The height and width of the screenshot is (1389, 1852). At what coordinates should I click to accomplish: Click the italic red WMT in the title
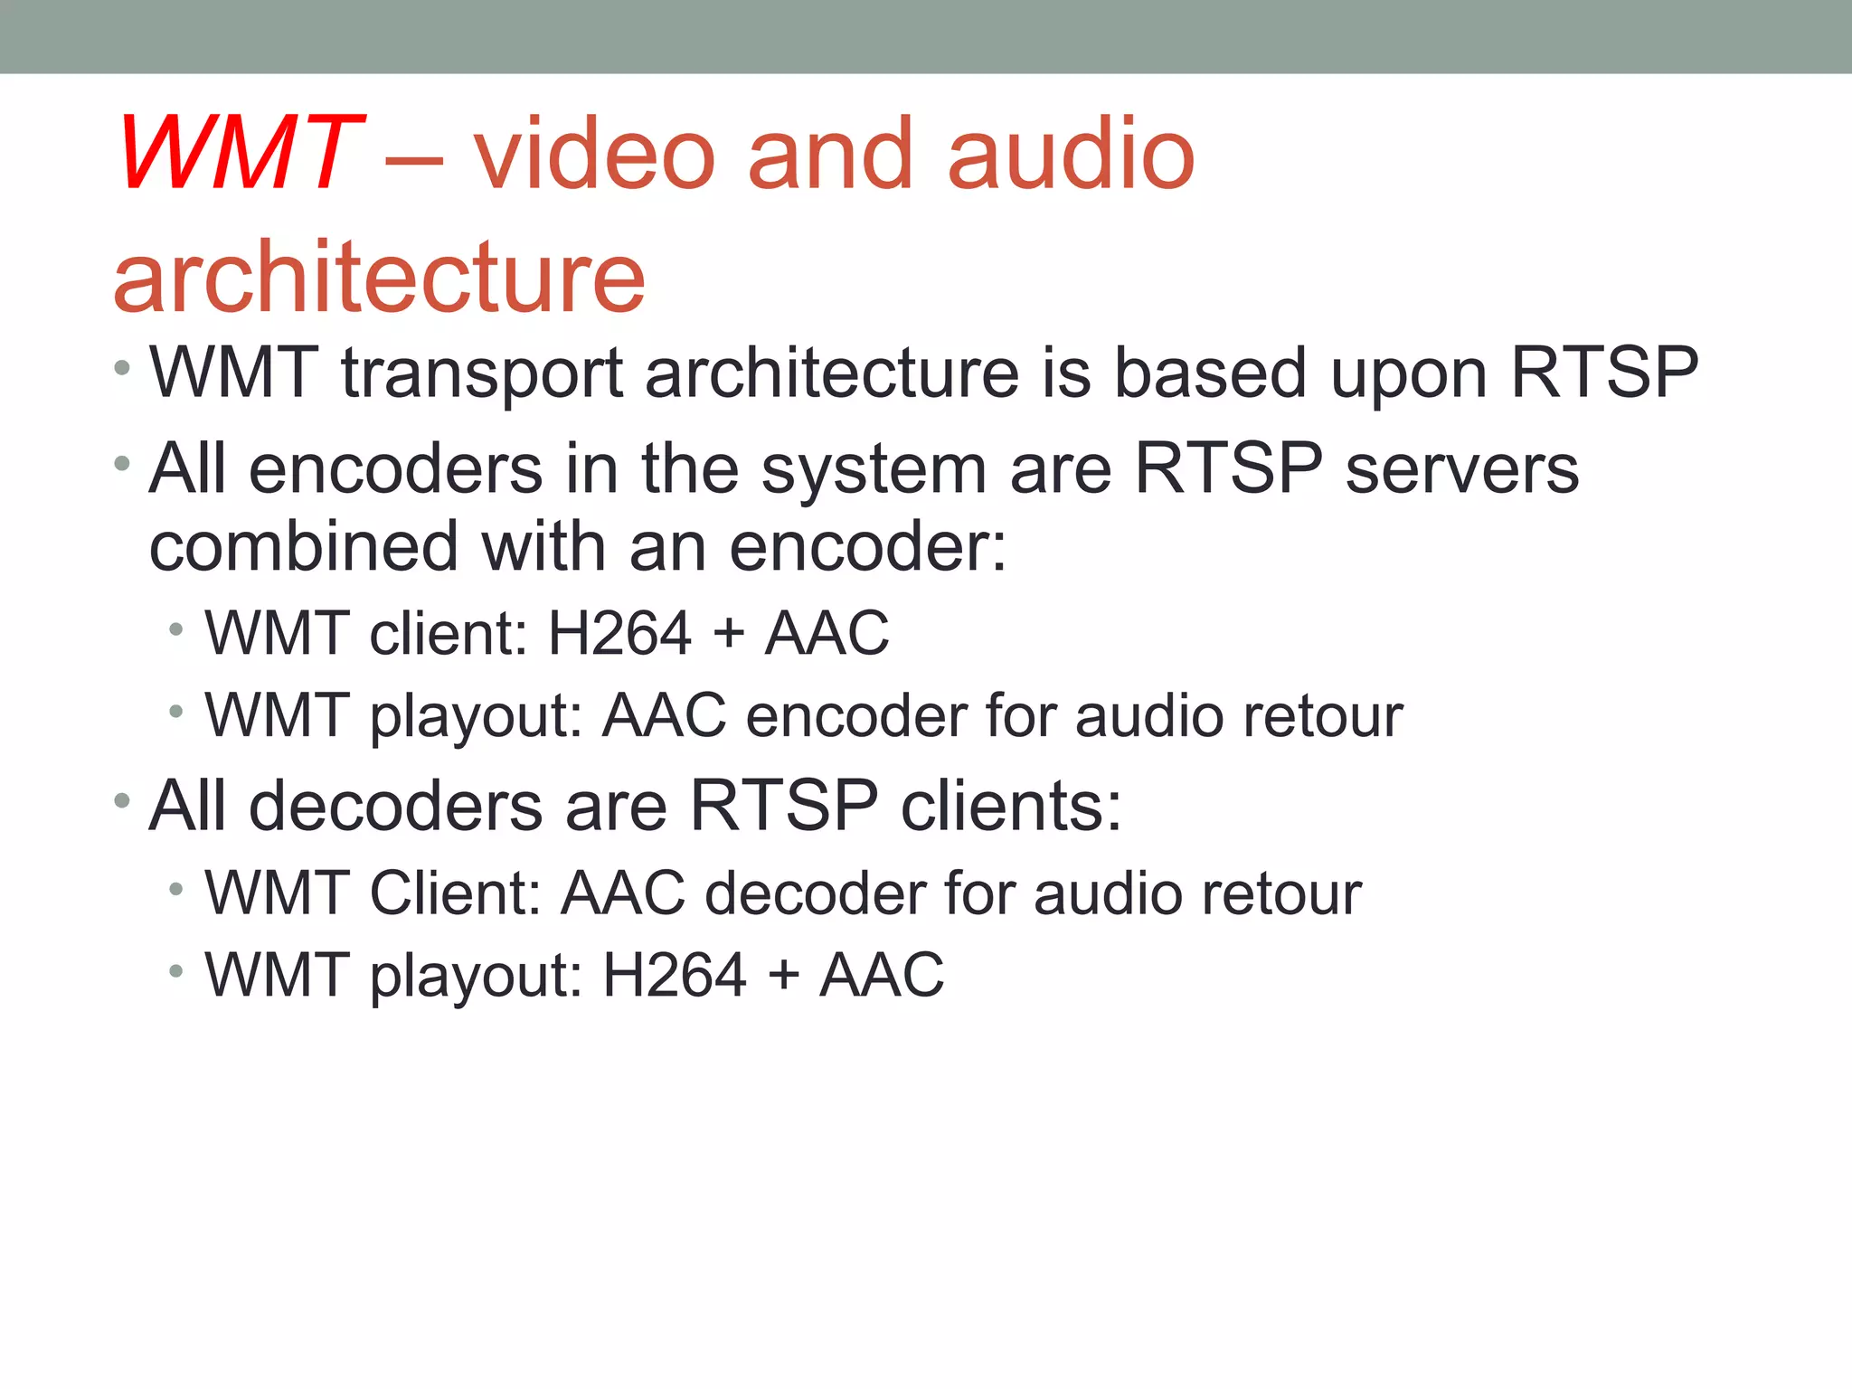(x=237, y=154)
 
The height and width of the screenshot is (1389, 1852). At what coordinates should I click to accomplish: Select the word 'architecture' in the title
(x=380, y=277)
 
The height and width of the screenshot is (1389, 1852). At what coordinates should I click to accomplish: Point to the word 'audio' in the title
(x=1071, y=154)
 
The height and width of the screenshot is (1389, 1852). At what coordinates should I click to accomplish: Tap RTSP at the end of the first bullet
(x=1604, y=373)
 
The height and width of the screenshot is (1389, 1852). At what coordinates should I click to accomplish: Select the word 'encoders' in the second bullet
(x=395, y=469)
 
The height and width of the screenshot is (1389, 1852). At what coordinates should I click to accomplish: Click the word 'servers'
(x=1461, y=471)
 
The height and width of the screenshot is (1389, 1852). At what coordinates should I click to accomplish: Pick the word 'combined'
(x=303, y=548)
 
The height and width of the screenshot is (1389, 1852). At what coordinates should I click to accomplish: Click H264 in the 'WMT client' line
(x=619, y=633)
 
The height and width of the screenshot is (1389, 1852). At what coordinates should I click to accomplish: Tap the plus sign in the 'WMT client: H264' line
(x=729, y=633)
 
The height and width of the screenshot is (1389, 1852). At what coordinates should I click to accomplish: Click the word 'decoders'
(x=395, y=806)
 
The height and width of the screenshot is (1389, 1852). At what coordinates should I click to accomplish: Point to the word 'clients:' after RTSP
(x=1011, y=806)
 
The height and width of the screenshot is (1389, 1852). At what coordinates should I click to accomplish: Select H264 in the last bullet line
(x=675, y=975)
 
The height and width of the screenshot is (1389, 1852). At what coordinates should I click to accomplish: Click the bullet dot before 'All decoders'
(x=122, y=799)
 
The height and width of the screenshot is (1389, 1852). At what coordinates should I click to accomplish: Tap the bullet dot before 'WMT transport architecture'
(x=122, y=367)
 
